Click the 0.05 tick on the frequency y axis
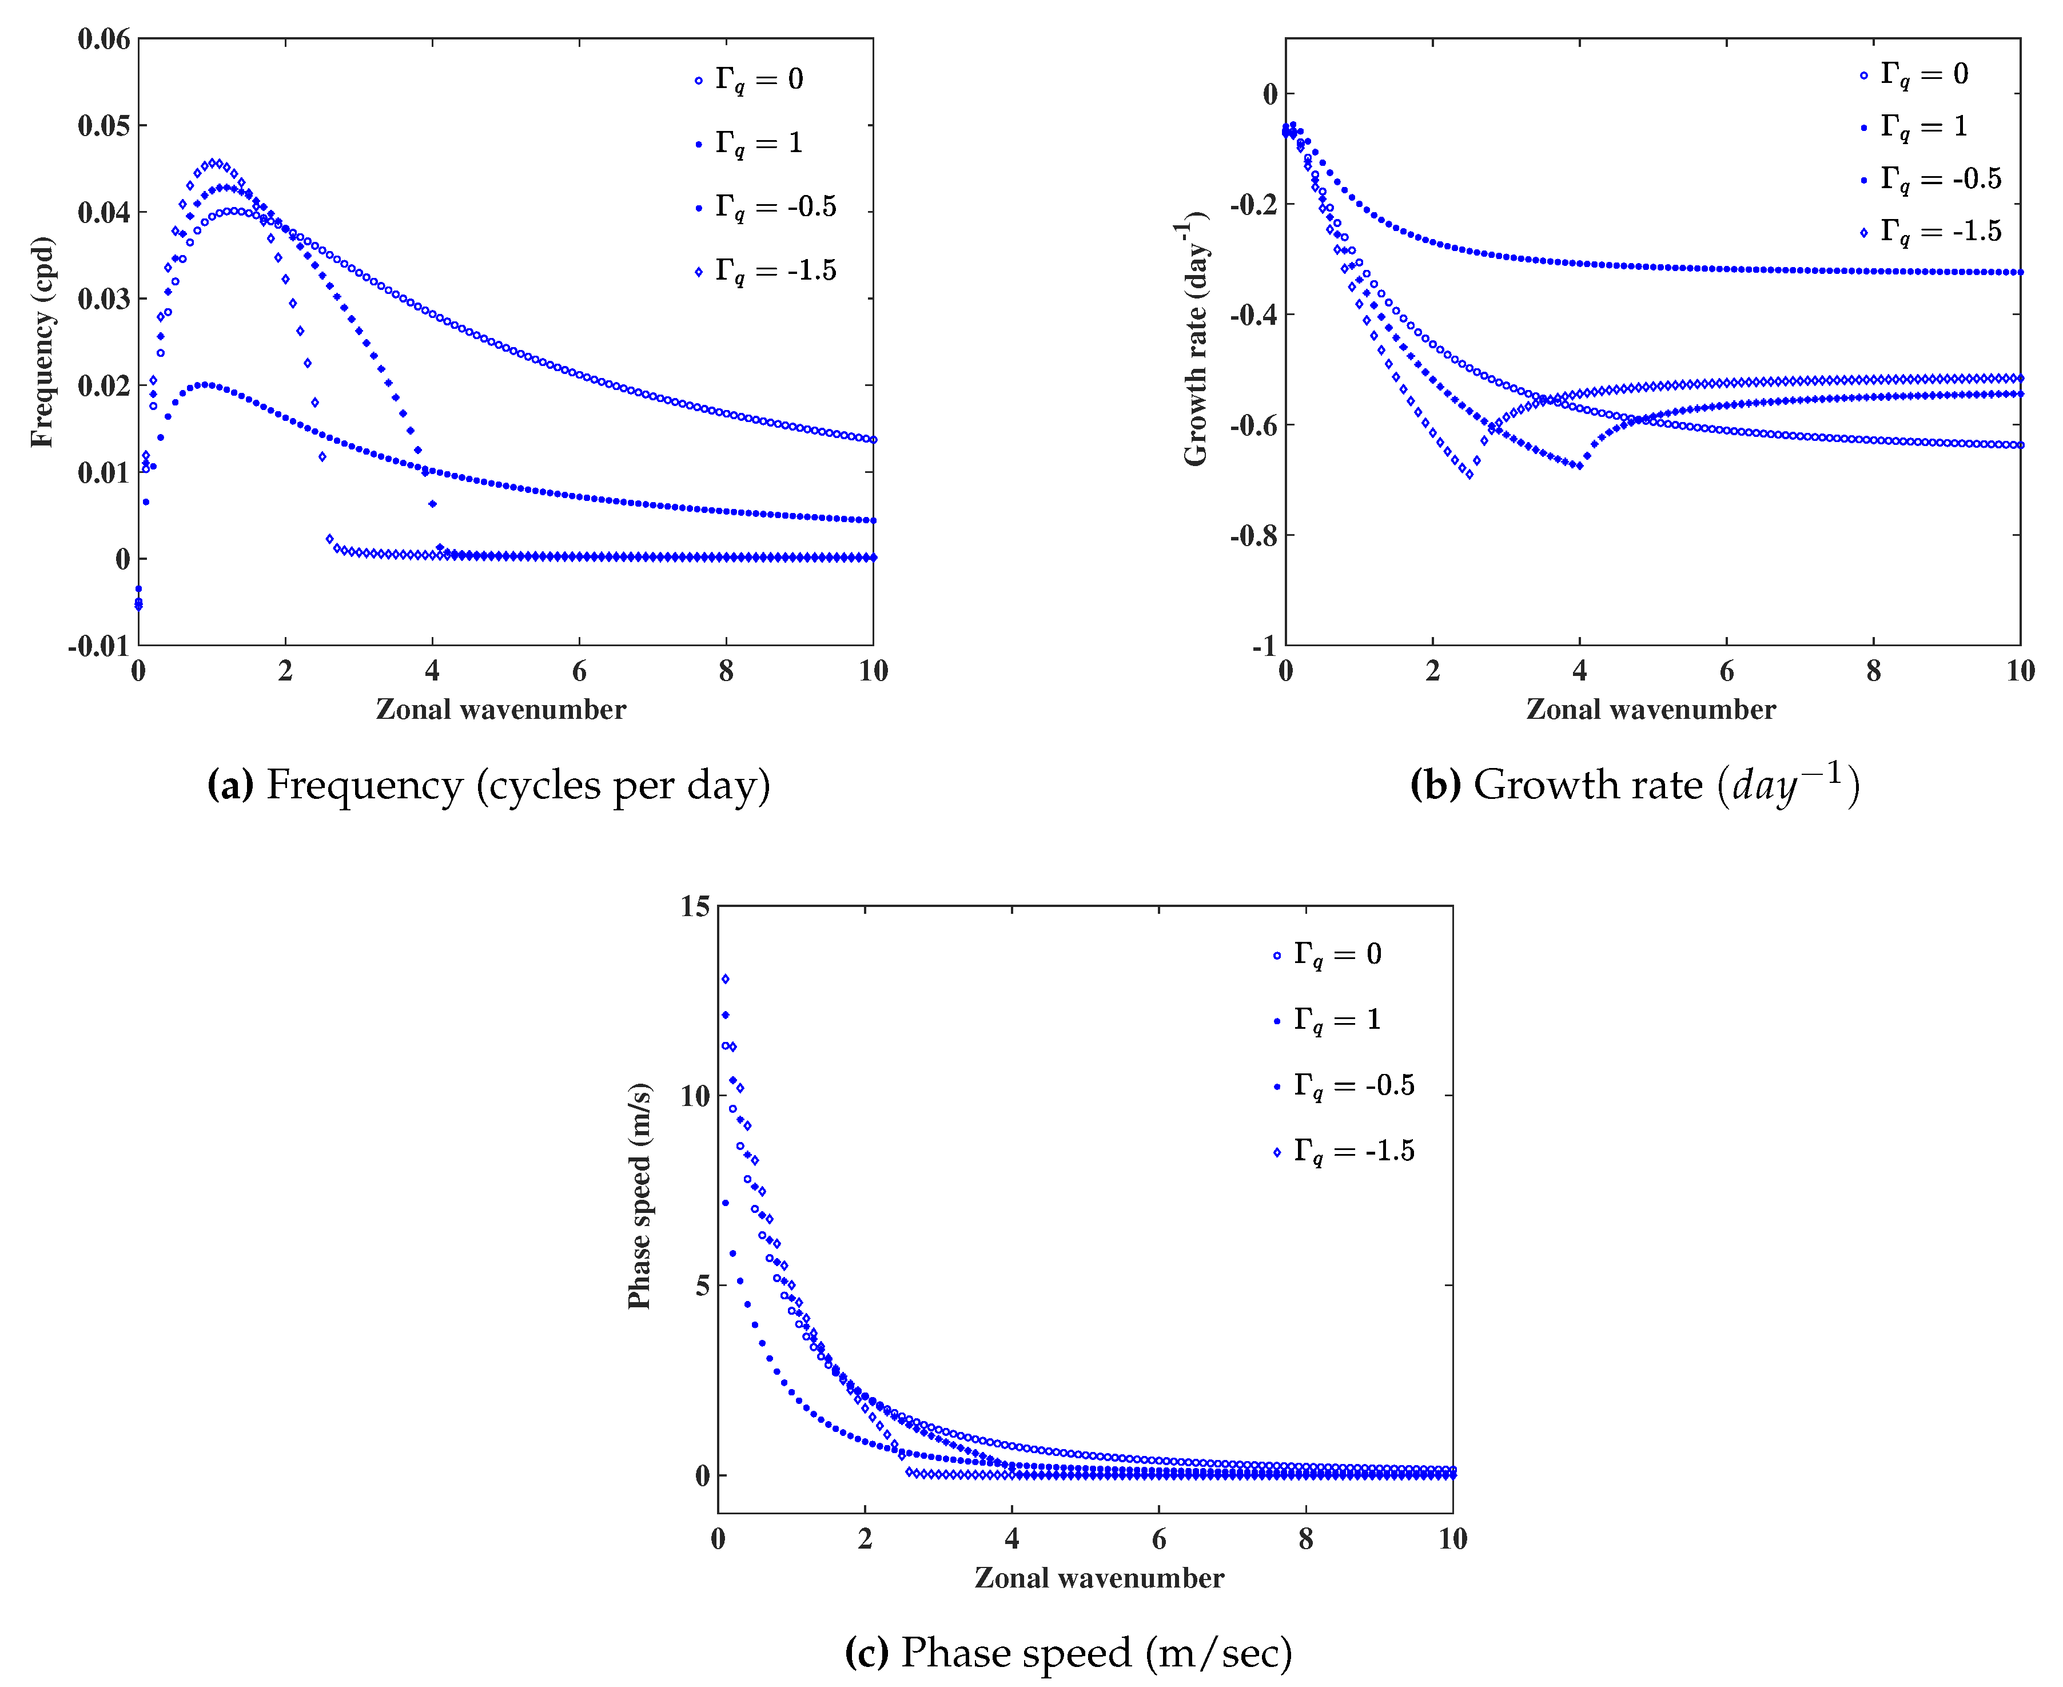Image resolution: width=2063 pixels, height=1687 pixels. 104,125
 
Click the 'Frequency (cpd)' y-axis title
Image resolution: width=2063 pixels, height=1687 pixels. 42,342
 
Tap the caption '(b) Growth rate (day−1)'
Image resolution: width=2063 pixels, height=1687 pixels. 1635,784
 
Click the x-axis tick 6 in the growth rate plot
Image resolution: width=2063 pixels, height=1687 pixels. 1727,671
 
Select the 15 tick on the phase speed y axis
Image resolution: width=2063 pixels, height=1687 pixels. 696,906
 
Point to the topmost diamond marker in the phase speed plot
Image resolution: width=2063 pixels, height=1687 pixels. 725,978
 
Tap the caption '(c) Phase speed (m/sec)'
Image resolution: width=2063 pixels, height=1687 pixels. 1068,1652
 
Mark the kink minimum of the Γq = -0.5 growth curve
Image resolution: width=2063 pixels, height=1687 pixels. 1579,467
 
